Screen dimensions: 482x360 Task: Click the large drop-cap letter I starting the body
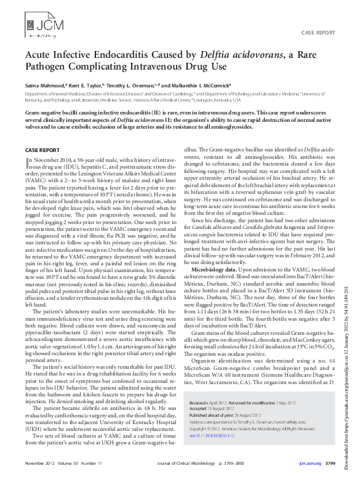[26, 162]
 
